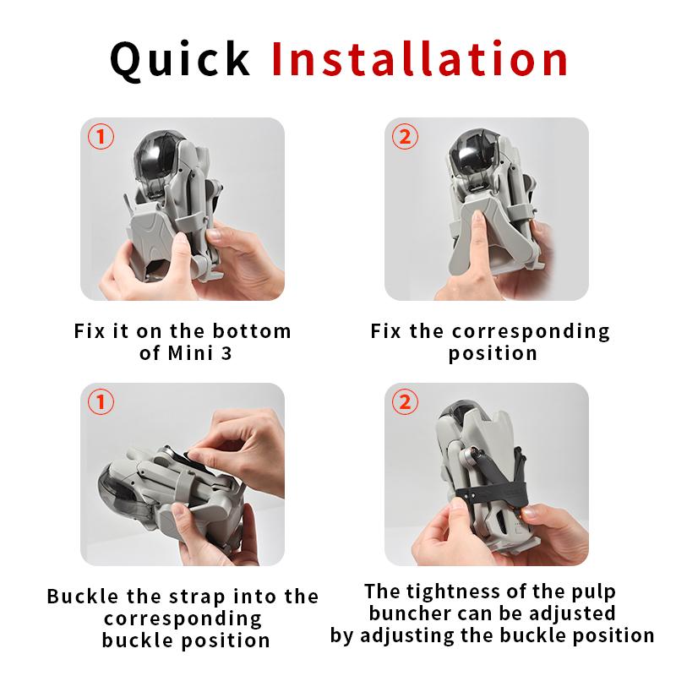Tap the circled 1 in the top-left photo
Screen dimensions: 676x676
101,137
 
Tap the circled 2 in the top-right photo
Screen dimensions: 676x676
405,137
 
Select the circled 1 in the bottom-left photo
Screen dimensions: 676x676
101,402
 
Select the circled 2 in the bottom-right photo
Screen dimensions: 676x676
405,402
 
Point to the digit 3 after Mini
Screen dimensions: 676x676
226,353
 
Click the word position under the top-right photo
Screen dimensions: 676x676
493,353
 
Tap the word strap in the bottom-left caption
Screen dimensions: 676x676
198,597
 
